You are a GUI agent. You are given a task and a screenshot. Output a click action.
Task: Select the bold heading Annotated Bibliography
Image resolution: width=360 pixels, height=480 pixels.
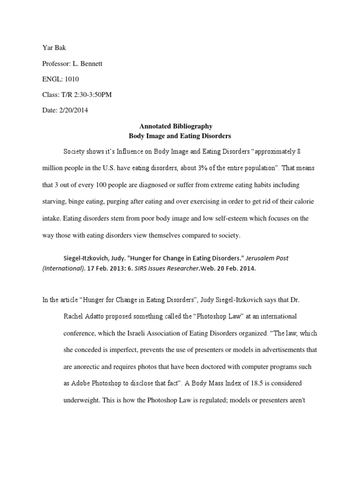[176, 126]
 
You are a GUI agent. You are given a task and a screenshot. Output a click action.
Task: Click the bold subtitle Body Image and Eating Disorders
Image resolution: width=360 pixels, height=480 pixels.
[180, 135]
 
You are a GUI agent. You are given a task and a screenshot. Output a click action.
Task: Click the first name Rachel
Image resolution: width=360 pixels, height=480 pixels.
[74, 316]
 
